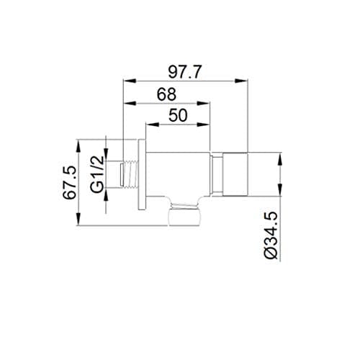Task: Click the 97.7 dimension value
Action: pyautogui.click(x=184, y=72)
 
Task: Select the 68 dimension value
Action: pyautogui.click(x=166, y=94)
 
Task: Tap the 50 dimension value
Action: pyautogui.click(x=178, y=115)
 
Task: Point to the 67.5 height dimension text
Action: pyautogui.click(x=70, y=183)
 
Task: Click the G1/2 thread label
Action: pyautogui.click(x=97, y=174)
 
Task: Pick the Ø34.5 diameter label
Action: pyautogui.click(x=271, y=235)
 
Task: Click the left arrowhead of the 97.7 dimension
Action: pyautogui.click(x=130, y=81)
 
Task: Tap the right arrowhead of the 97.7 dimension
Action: pyautogui.click(x=240, y=81)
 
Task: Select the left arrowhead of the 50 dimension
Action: pyautogui.click(x=153, y=125)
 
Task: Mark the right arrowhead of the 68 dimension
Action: pyautogui.click(x=204, y=103)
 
